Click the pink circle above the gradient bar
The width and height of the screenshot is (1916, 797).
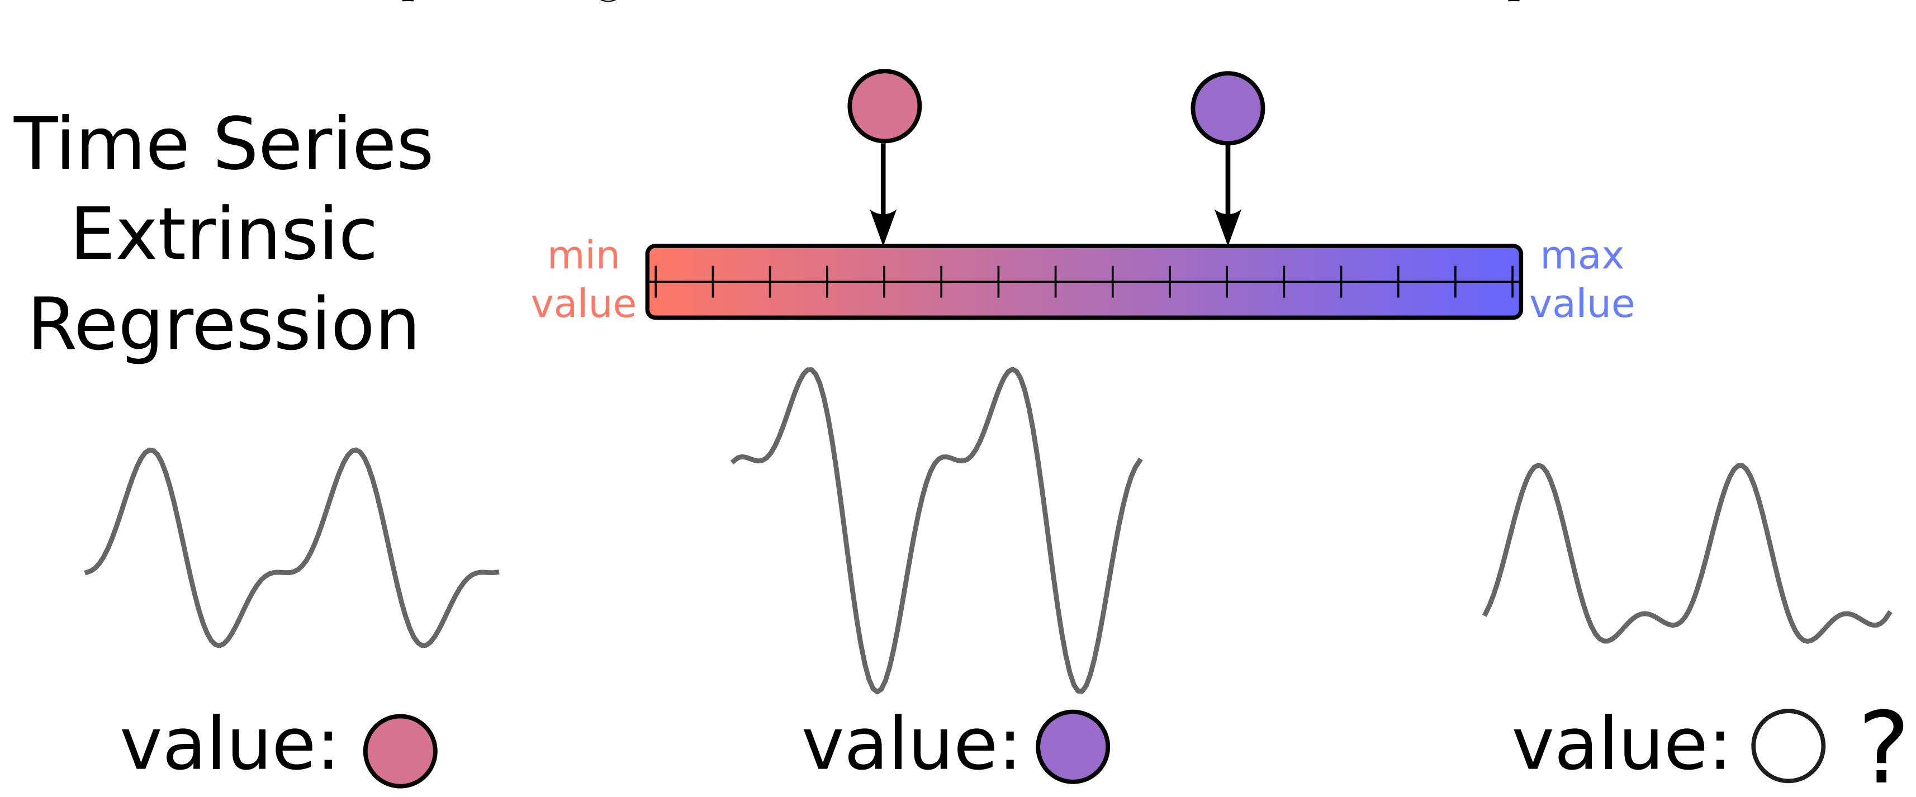(x=884, y=106)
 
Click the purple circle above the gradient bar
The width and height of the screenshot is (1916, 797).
(x=1227, y=108)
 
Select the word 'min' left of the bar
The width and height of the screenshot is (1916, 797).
(x=583, y=257)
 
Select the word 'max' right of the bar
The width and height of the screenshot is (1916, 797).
(x=1581, y=257)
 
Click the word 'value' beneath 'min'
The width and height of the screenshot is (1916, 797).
(x=583, y=304)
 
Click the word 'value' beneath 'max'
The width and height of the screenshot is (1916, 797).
(x=1582, y=304)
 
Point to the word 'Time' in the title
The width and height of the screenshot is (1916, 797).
(x=101, y=144)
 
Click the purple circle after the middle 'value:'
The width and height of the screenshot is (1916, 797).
(x=1073, y=747)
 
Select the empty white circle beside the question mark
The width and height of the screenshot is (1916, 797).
(x=1787, y=747)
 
